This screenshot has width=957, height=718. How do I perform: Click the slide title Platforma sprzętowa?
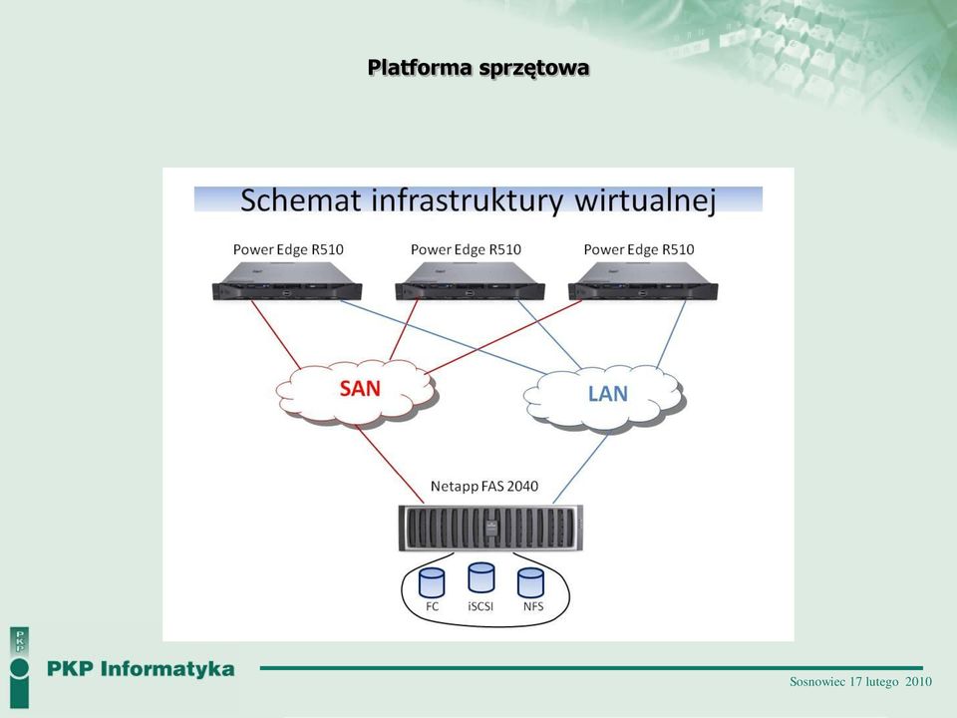coord(478,68)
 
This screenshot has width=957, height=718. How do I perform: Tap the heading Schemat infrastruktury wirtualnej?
coord(478,200)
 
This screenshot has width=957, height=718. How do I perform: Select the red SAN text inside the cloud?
coord(360,388)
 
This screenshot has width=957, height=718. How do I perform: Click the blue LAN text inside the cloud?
coord(608,394)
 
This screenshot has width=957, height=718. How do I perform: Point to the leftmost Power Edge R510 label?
coord(288,249)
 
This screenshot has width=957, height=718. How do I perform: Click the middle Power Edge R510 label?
coord(466,249)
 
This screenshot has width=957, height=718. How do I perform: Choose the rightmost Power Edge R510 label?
coord(639,249)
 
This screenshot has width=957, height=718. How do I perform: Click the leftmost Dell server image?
coord(287,281)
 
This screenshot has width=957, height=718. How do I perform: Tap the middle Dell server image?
coord(470,281)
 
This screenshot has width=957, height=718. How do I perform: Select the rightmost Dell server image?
coord(643,281)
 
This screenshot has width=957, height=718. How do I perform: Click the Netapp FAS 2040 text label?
coord(484,487)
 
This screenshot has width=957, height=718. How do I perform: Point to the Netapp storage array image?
coord(490,529)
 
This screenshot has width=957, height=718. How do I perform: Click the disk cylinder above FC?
coord(432,583)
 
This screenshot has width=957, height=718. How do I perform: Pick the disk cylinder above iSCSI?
coord(480,577)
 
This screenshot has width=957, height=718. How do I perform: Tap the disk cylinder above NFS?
coord(530,583)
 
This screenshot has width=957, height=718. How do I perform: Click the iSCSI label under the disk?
coord(480,606)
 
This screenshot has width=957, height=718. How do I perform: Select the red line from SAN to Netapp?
coord(390,464)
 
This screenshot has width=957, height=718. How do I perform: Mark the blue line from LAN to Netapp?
coord(581,467)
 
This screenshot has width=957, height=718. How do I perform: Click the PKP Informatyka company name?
coord(141,669)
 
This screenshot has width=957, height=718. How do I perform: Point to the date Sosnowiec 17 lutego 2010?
coord(860,682)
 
